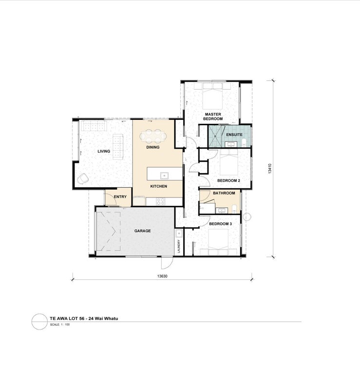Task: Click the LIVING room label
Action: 104,151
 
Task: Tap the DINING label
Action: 152,147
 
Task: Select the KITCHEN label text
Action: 159,186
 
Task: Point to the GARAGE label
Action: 142,231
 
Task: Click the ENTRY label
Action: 120,197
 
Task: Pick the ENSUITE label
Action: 234,135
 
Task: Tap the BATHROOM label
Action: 224,193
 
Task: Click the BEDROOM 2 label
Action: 228,180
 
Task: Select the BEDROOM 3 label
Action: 220,224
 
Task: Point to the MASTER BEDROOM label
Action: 213,117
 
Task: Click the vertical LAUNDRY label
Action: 179,246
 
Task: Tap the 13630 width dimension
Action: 162,276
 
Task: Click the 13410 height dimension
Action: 270,168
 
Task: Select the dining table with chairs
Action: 153,136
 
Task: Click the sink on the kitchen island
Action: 164,175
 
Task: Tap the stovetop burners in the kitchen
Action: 160,201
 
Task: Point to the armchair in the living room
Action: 82,178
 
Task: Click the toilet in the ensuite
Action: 244,142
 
